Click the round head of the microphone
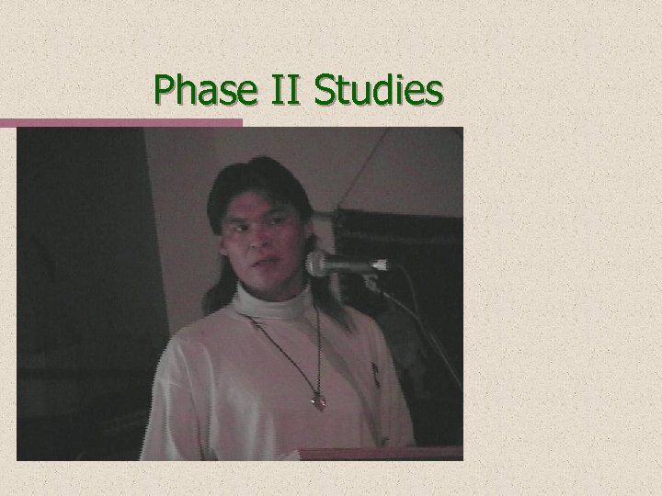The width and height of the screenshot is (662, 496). point(318,264)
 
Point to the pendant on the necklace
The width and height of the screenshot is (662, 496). point(318,400)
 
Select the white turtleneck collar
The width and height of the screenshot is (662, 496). point(272,299)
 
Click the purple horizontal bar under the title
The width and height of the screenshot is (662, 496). point(120,122)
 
